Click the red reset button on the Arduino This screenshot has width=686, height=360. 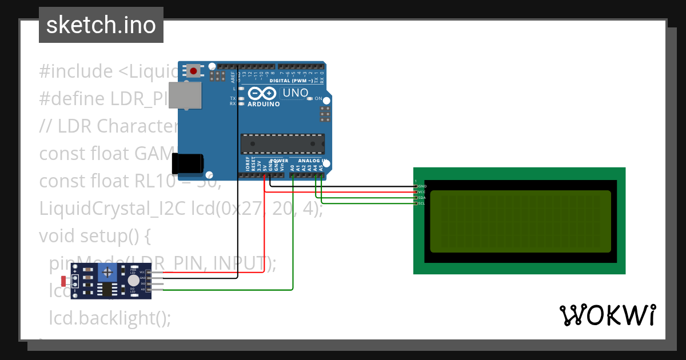194,71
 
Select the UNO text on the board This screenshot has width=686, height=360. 296,93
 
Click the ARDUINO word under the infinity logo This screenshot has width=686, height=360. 264,104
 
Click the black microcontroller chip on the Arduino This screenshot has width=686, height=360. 282,143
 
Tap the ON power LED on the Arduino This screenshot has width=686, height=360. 310,99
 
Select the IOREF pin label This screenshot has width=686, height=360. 248,166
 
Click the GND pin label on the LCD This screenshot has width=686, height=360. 422,186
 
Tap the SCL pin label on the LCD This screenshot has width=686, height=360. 422,203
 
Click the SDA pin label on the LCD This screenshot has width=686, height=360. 422,198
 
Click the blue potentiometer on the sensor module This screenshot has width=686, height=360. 106,275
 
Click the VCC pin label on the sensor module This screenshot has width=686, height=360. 142,272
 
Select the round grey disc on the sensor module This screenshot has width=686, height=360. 133,281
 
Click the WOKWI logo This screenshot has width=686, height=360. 607,315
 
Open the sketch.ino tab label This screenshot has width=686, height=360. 101,25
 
